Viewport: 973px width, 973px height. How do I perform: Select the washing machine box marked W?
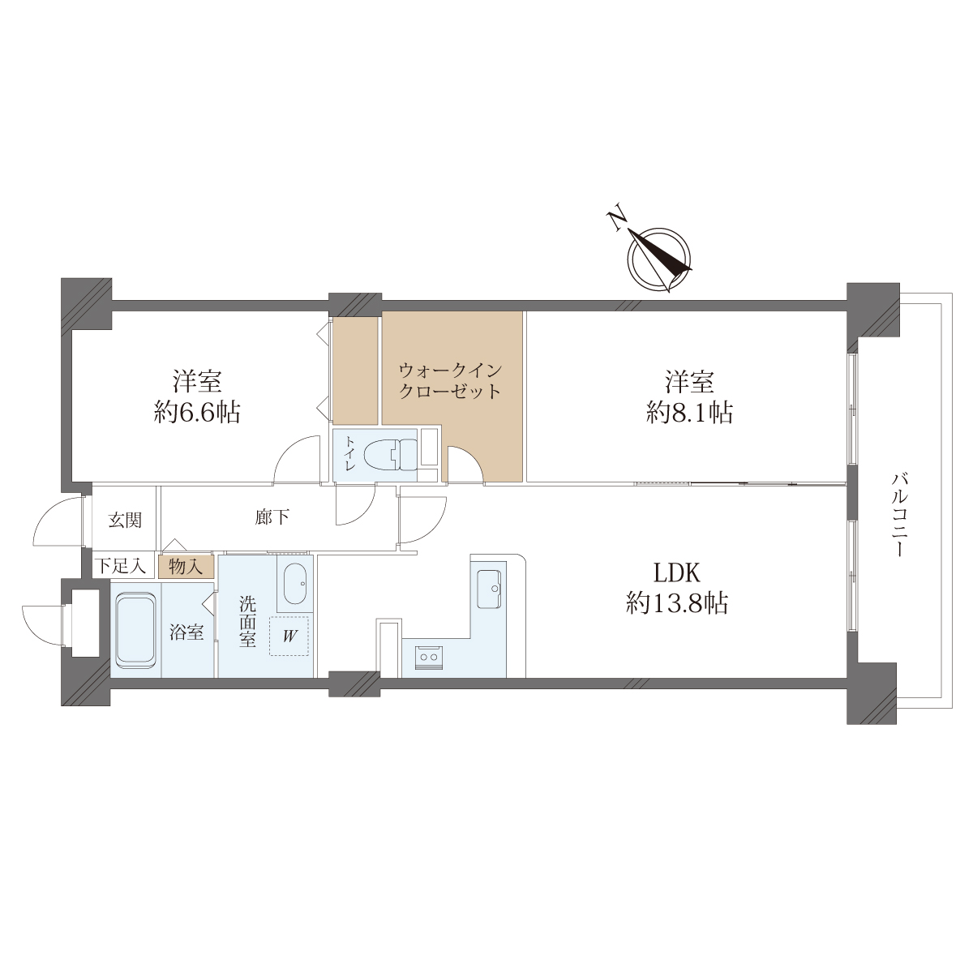point(289,637)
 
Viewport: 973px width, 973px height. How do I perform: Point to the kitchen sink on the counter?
point(489,589)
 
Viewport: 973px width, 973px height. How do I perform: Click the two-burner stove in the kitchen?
point(429,657)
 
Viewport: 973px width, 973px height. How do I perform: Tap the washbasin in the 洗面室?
point(294,583)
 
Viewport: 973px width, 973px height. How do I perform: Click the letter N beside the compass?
point(618,220)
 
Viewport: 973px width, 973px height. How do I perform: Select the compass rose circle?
point(659,259)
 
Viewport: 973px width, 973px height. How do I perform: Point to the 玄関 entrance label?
point(125,520)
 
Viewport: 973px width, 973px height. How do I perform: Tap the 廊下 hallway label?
point(272,517)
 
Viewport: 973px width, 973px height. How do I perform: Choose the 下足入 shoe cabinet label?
point(121,566)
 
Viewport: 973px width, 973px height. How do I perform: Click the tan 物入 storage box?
point(186,567)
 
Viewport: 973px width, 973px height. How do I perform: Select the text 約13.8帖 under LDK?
point(677,603)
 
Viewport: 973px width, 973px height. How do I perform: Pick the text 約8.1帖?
point(689,414)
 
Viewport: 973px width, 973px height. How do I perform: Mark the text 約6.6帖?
point(197,413)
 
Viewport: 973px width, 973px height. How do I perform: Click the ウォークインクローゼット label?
point(450,381)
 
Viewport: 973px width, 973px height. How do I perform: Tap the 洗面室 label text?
point(247,622)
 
